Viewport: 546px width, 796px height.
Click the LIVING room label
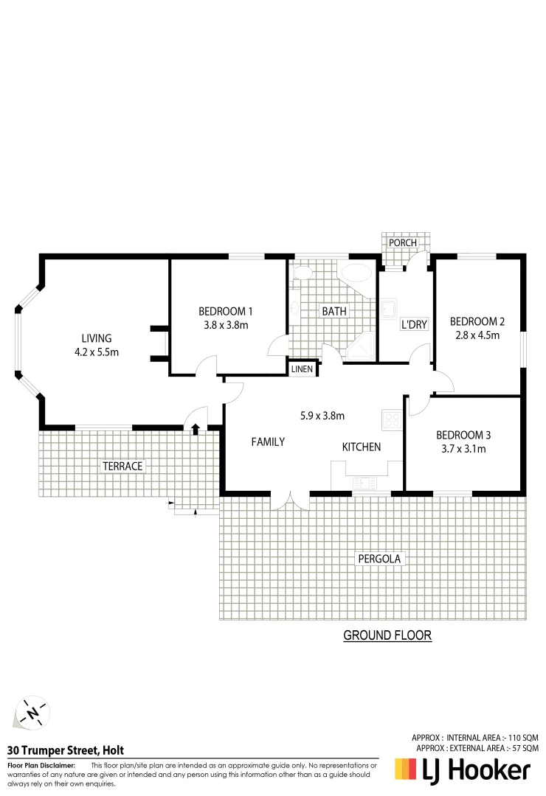click(97, 338)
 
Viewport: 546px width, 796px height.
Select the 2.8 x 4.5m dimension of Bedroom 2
click(477, 335)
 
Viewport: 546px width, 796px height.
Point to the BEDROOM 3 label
click(463, 434)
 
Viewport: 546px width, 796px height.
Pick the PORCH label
click(403, 242)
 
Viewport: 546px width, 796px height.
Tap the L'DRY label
click(414, 324)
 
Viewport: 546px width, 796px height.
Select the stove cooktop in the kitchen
click(391, 421)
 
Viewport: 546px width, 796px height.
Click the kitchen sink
click(364, 483)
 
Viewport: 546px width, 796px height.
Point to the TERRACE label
click(122, 466)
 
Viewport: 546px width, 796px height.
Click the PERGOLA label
click(379, 559)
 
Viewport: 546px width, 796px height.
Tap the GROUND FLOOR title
click(387, 635)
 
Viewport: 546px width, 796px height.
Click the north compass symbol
click(32, 713)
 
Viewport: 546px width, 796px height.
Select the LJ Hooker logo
click(463, 770)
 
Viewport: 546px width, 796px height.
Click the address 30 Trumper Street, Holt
click(65, 751)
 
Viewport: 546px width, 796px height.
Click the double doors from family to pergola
click(291, 500)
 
